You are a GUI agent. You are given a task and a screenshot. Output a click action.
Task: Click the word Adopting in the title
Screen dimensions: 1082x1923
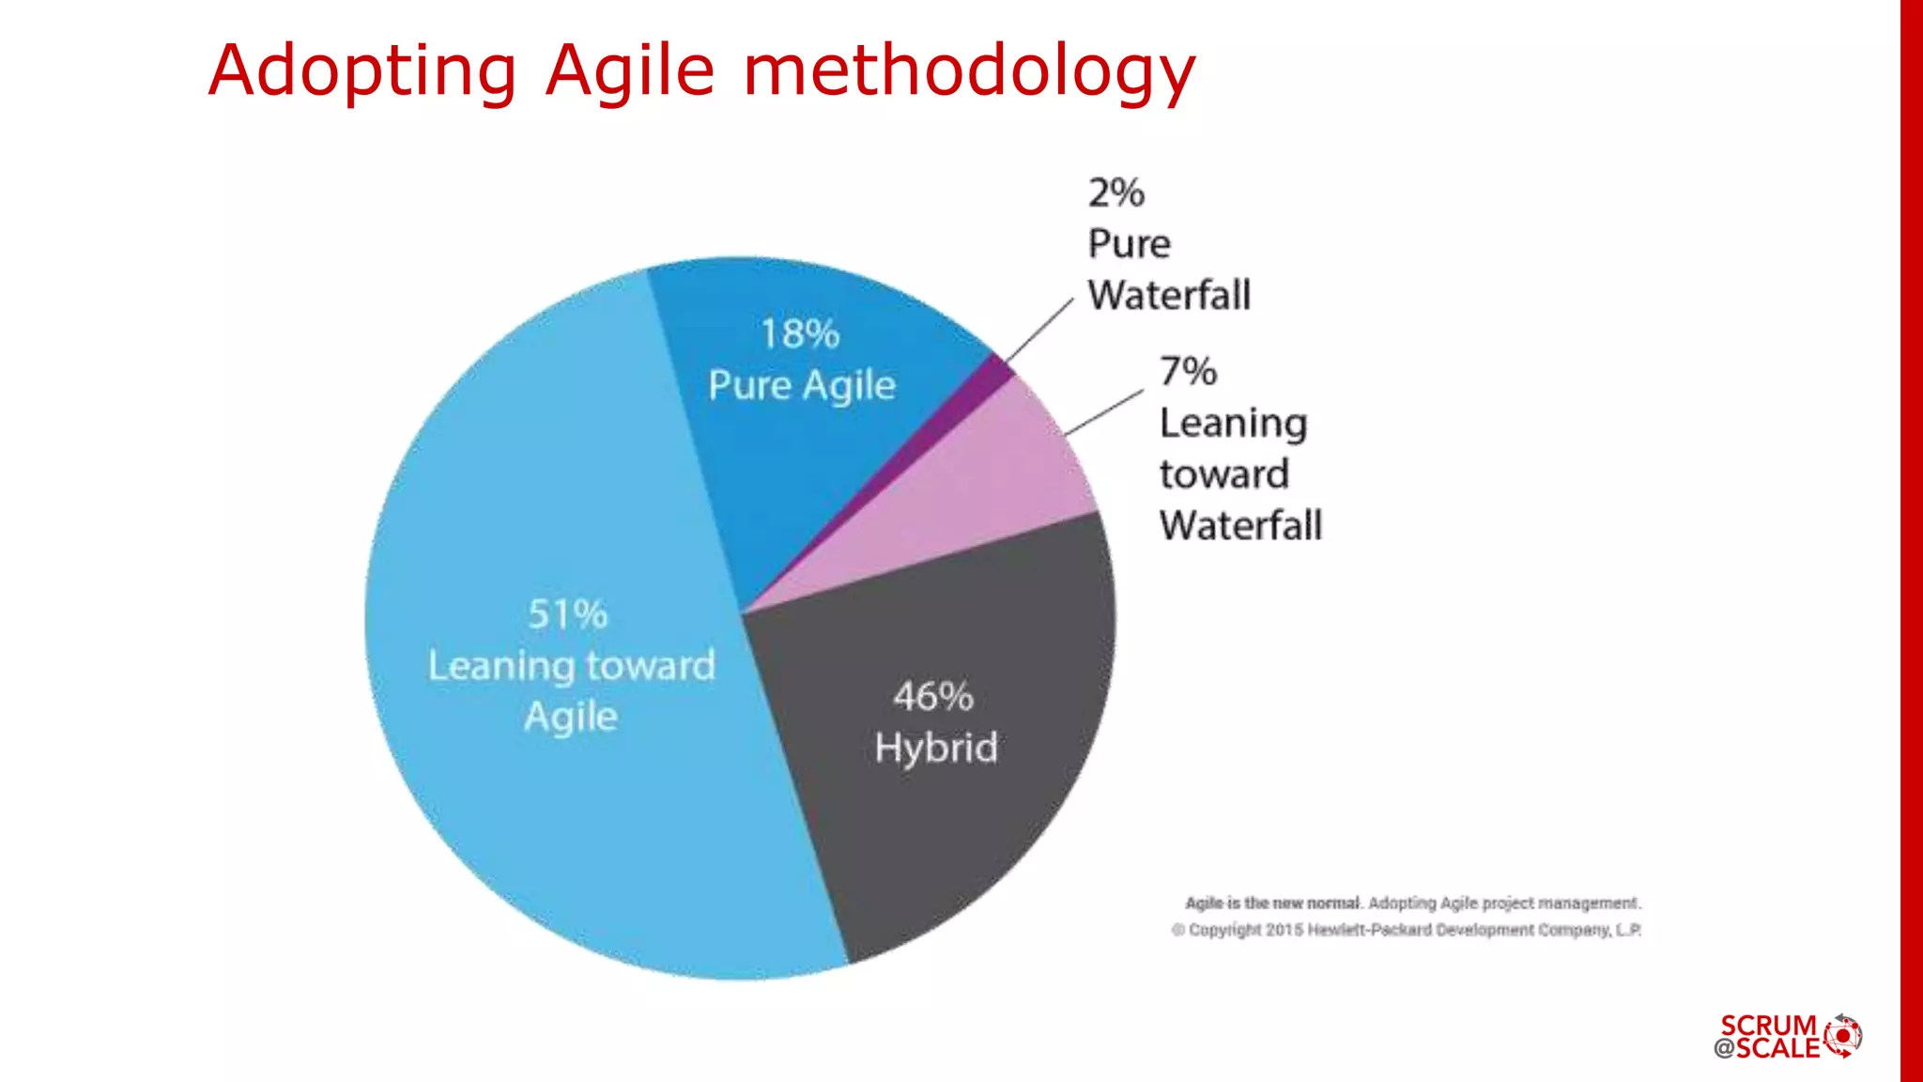point(362,71)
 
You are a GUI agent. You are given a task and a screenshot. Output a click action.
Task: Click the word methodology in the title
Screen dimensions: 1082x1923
point(969,71)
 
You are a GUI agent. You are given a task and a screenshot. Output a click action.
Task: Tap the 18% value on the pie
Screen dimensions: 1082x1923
point(800,334)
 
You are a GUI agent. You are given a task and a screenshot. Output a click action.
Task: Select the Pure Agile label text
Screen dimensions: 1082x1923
point(802,386)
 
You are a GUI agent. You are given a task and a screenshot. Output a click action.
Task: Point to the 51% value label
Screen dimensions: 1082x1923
point(567,614)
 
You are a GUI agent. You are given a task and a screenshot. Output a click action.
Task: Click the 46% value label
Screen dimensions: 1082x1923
point(932,697)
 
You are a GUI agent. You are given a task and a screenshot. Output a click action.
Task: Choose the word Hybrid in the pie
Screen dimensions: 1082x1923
point(936,748)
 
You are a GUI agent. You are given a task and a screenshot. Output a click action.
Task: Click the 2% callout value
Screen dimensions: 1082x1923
point(1116,193)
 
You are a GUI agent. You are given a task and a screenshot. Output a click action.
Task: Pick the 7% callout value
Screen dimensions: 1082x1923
point(1188,372)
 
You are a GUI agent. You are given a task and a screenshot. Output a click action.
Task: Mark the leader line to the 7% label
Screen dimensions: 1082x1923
point(1105,412)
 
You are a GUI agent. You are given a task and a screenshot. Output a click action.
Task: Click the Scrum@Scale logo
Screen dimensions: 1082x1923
point(1788,1037)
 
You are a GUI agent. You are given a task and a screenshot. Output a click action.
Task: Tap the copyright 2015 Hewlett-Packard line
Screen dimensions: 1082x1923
point(1406,930)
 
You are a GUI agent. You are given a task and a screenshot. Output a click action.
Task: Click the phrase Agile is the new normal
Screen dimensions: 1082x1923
point(1272,903)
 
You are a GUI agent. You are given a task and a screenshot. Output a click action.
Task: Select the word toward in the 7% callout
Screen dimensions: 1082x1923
point(1223,474)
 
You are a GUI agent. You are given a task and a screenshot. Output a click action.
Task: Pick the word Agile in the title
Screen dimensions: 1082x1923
point(630,71)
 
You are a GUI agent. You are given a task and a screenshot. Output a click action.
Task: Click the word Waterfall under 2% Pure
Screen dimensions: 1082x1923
point(1169,296)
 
